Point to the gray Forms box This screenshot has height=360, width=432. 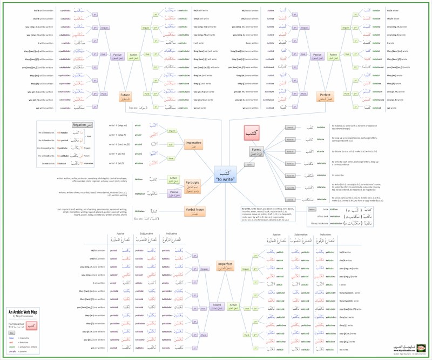[x=256, y=152]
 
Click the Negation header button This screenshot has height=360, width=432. [x=78, y=125]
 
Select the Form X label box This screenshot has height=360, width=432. [x=290, y=201]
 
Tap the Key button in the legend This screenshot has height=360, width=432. [x=11, y=333]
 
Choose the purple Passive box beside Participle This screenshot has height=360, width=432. [x=174, y=192]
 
